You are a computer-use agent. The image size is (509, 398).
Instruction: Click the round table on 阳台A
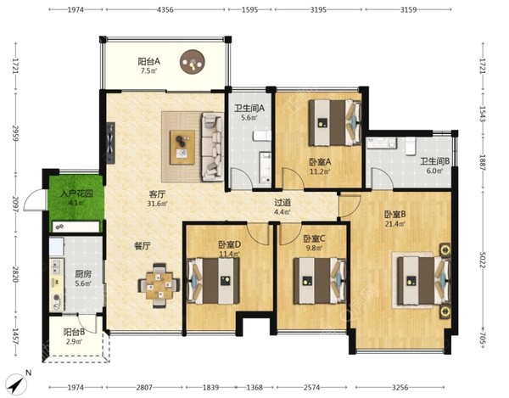[193, 61]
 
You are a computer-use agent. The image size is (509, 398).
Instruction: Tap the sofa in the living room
[212, 147]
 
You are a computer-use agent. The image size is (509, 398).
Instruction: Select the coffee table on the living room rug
[182, 147]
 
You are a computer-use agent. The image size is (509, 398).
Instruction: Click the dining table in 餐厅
[159, 285]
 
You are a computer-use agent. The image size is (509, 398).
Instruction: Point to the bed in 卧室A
[335, 122]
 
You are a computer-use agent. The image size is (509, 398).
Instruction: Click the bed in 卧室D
[213, 281]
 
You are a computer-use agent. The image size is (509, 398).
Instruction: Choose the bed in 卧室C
[320, 281]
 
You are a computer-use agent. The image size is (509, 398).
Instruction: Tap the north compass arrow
[17, 384]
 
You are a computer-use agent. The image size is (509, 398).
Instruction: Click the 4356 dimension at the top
[165, 9]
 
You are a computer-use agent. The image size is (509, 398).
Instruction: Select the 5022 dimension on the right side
[482, 260]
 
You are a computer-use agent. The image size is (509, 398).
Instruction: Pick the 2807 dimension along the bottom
[144, 387]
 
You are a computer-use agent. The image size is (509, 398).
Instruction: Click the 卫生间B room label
[435, 161]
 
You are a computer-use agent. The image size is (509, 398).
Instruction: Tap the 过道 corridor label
[282, 203]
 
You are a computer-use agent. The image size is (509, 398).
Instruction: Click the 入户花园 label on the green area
[77, 193]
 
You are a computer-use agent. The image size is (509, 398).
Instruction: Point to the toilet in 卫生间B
[411, 146]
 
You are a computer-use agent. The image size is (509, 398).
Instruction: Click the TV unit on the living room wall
[110, 143]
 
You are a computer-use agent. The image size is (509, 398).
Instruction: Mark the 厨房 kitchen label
[83, 274]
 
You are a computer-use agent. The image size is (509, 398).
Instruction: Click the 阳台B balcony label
[75, 332]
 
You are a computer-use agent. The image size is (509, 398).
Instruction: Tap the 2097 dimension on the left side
[15, 204]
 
